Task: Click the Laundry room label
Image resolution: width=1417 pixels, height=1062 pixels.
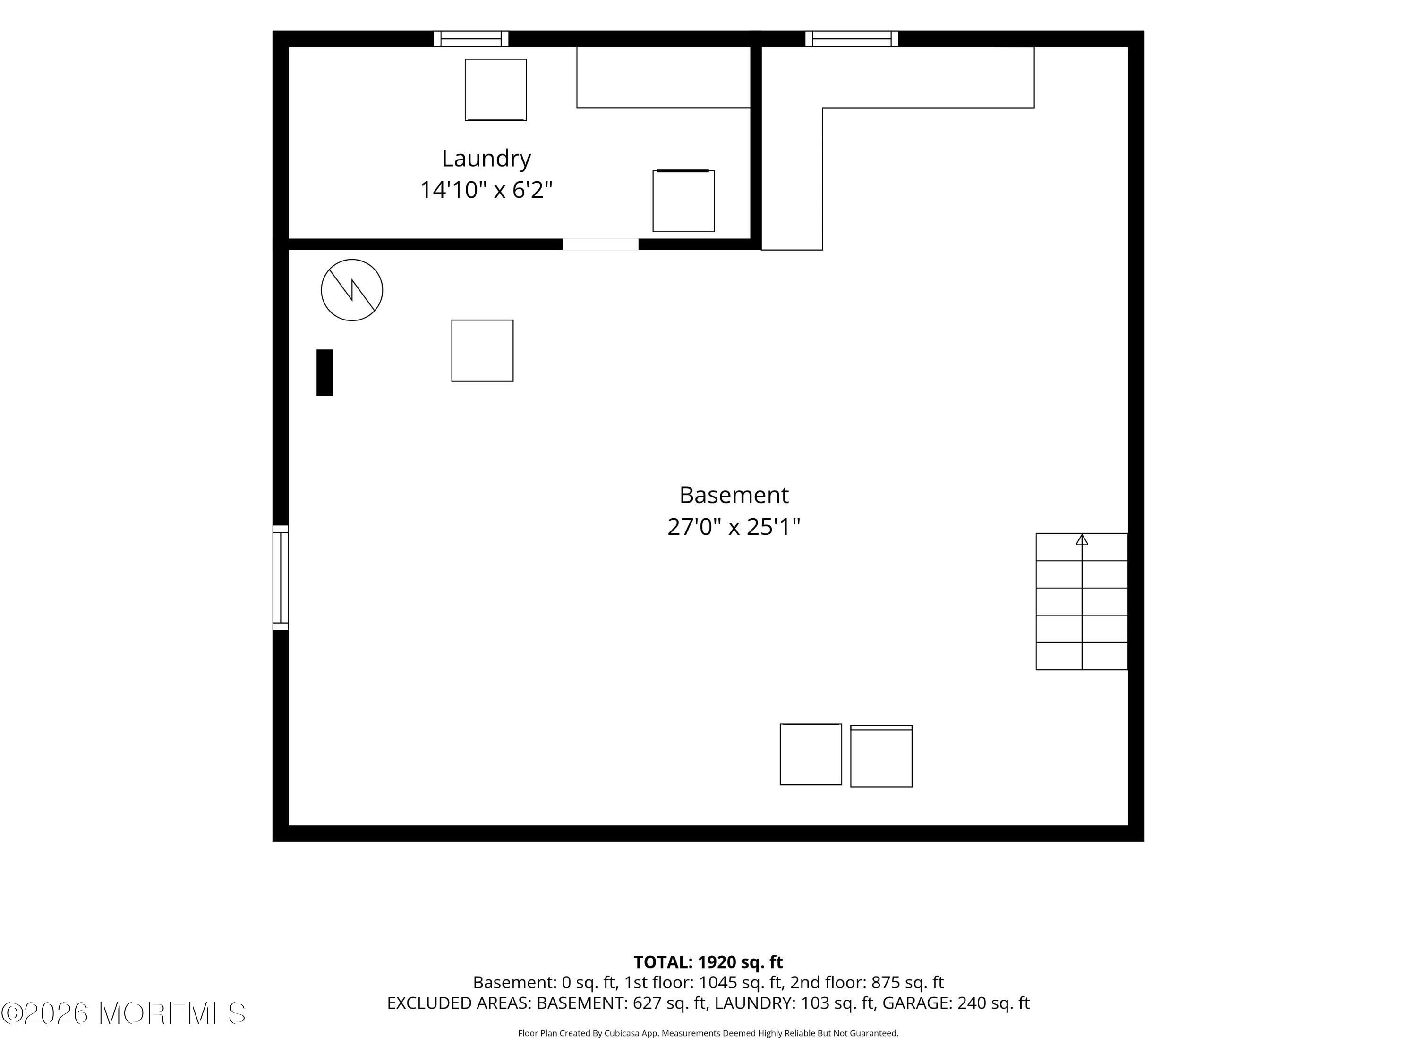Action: click(486, 159)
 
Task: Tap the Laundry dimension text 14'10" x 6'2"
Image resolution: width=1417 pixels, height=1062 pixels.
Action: click(486, 189)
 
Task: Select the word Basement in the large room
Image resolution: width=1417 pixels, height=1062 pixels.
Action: click(734, 495)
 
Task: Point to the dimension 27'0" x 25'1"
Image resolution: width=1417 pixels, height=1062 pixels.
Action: click(734, 527)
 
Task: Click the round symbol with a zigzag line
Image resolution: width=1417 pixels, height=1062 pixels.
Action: click(352, 290)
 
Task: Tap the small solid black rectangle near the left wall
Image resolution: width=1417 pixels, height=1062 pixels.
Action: click(324, 372)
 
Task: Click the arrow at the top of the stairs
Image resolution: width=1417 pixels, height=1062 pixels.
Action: click(1082, 539)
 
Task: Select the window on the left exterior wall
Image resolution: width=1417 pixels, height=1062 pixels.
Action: click(281, 577)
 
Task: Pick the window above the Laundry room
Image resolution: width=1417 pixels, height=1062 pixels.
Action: click(471, 38)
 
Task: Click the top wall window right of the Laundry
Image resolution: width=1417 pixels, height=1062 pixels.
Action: click(851, 38)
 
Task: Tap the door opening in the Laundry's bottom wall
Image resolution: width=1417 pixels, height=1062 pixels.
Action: click(600, 244)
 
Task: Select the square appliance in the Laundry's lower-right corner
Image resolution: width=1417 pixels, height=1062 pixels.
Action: click(683, 201)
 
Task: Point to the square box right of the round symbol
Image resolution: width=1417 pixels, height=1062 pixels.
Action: click(482, 351)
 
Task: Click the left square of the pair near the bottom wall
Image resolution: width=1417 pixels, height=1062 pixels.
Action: click(811, 754)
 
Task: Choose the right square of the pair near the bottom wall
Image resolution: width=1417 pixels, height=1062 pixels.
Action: click(881, 756)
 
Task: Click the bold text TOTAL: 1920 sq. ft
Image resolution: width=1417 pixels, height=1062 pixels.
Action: click(708, 962)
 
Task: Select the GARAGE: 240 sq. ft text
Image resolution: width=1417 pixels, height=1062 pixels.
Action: click(956, 1003)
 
